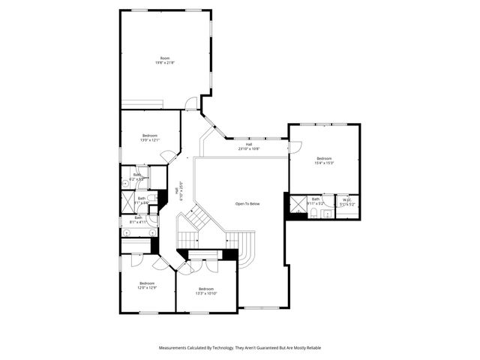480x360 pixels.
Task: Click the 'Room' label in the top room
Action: (x=165, y=58)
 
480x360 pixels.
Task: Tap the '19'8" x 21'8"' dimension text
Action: (x=165, y=63)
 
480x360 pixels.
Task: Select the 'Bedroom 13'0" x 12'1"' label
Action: (x=150, y=137)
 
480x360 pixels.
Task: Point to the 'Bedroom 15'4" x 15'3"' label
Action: (x=324, y=160)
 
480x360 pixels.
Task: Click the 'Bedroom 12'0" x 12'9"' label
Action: (x=145, y=286)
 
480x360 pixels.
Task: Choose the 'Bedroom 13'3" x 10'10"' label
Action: (x=206, y=292)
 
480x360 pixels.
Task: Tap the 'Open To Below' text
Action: (x=247, y=204)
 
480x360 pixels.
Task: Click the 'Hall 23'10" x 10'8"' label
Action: (x=248, y=146)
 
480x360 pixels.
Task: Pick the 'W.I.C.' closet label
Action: (x=346, y=201)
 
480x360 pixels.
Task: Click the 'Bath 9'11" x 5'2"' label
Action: (x=316, y=201)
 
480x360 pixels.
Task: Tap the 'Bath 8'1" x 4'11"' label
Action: (x=139, y=220)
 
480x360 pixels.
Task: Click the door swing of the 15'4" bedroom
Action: (x=296, y=148)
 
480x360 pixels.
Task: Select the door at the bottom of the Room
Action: (x=191, y=103)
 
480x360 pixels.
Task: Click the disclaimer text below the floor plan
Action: (x=239, y=348)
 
